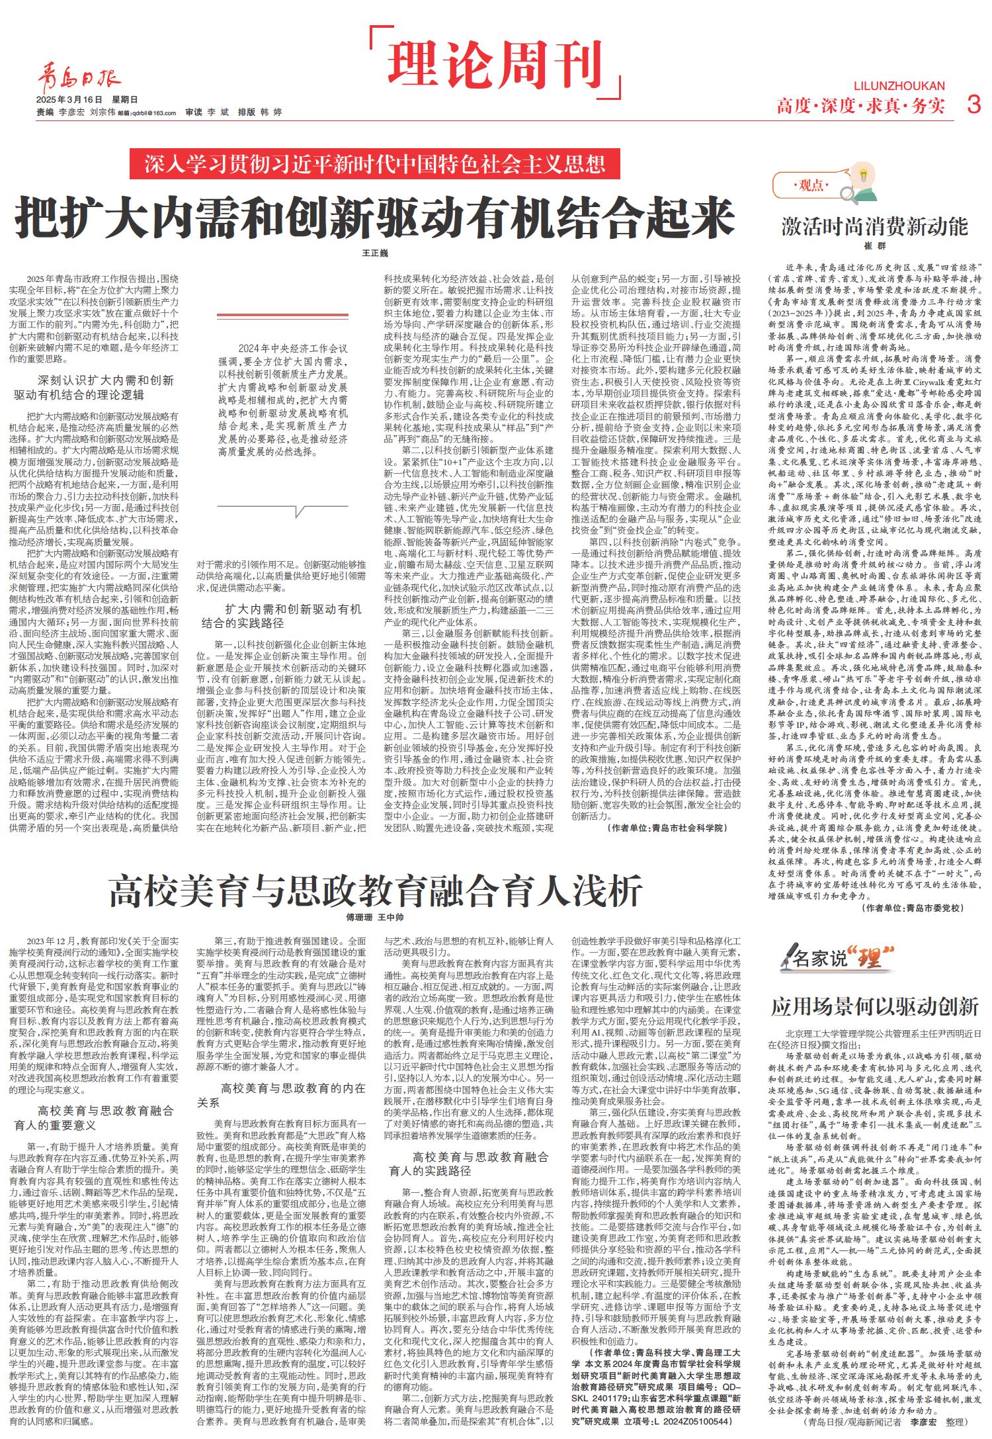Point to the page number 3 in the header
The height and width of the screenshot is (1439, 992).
(973, 105)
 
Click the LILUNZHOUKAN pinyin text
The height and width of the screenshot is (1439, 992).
(899, 86)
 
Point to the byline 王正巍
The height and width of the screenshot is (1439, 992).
(375, 253)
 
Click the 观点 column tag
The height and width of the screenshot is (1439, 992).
(811, 186)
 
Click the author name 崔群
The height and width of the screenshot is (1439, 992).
(874, 246)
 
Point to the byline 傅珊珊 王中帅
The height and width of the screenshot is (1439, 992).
(375, 918)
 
